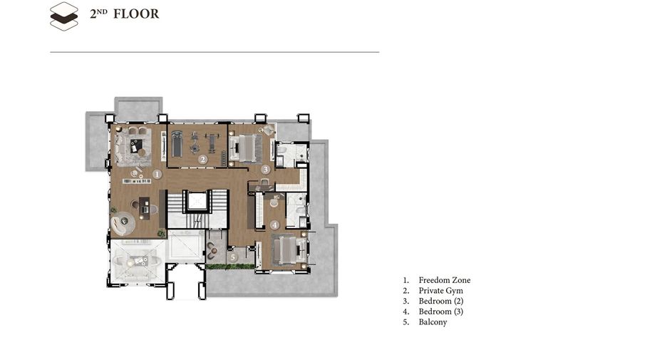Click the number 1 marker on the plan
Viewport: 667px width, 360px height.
(157, 174)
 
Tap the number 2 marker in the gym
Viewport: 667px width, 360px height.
(203, 160)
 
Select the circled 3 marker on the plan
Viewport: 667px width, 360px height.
(265, 170)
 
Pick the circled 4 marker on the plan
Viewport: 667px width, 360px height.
(274, 225)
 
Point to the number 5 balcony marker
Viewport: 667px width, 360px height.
(233, 257)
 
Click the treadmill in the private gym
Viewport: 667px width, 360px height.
(177, 143)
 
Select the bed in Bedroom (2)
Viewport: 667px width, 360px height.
(245, 148)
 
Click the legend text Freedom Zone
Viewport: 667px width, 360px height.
(445, 280)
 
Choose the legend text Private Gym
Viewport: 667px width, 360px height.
(440, 291)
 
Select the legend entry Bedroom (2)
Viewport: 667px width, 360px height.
(440, 301)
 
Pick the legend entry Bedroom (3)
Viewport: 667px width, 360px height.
(440, 312)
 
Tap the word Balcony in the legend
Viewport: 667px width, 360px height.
(433, 322)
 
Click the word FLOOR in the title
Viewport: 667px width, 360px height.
(136, 14)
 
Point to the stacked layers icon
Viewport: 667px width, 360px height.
(64, 16)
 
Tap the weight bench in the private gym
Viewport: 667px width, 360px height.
(212, 143)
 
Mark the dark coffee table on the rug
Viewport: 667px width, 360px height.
(136, 145)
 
